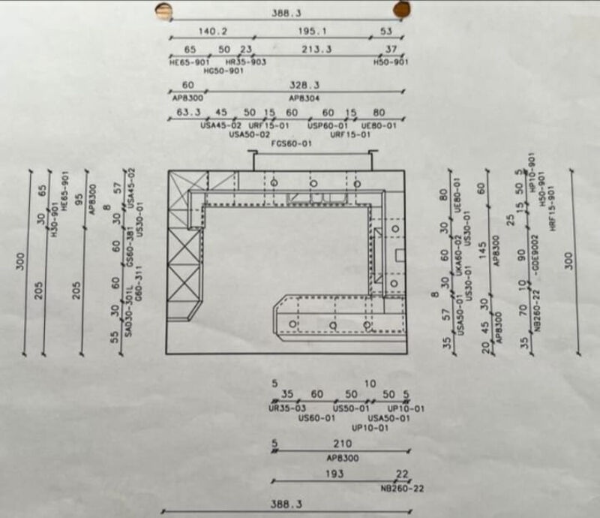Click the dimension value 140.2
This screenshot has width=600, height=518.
212,32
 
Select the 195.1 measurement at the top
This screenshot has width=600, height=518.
312,32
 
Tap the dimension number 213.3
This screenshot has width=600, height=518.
317,50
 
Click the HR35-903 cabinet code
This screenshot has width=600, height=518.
245,62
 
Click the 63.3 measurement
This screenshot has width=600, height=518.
189,113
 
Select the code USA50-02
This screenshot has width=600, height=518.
250,134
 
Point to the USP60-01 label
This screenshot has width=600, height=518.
328,125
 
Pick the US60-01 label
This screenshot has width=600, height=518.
316,417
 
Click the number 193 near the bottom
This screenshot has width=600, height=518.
334,474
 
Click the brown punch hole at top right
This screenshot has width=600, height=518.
402,9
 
